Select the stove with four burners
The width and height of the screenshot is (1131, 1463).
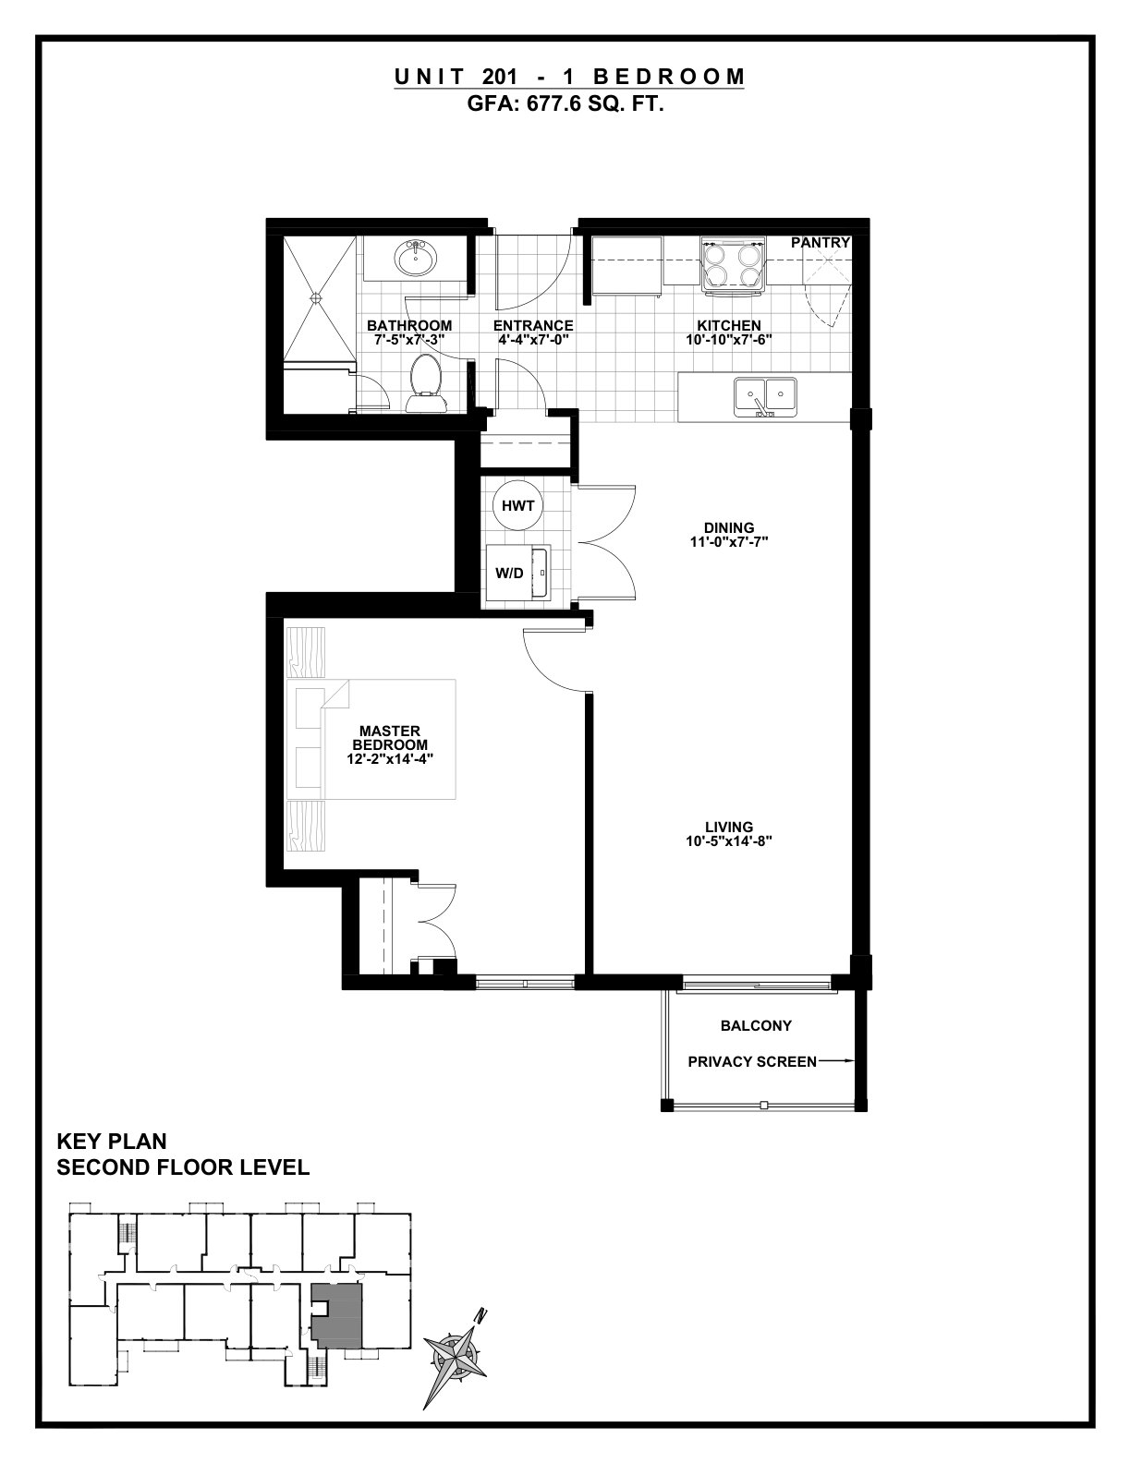734,266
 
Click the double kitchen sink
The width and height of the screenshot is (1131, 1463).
765,396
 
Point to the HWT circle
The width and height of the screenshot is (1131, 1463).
517,505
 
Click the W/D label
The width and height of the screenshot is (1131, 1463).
509,574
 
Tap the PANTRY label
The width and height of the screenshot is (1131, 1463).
821,242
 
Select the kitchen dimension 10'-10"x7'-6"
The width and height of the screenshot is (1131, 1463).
729,340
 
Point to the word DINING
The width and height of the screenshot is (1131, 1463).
729,527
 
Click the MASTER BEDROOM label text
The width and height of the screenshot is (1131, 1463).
390,738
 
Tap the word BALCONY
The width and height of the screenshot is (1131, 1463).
756,1025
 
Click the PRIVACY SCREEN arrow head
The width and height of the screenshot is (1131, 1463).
850,1062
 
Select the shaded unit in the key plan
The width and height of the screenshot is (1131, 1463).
337,1315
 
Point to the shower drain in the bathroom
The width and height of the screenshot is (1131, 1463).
315,296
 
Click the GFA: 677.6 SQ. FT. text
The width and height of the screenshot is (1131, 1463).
565,105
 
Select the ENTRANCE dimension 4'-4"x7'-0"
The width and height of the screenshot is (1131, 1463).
533,340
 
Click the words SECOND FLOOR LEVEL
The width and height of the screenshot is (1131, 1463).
183,1167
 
